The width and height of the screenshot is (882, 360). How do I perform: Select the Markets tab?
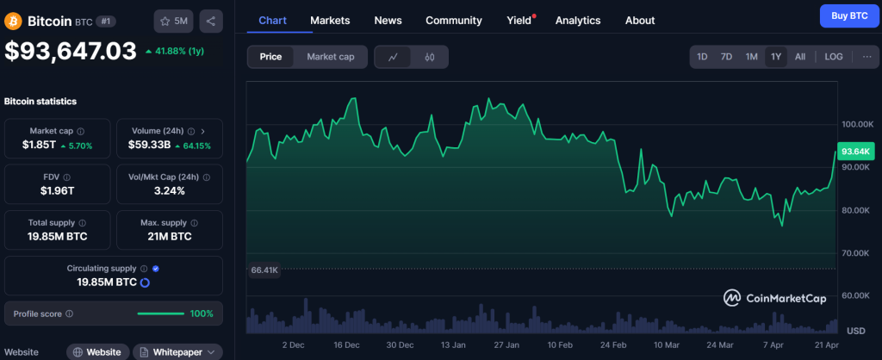tap(330, 20)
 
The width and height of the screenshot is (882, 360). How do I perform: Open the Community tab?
tap(454, 20)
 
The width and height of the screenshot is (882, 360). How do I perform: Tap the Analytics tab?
tap(578, 20)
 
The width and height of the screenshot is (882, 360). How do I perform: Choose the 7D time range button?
tap(726, 57)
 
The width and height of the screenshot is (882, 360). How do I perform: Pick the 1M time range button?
tap(751, 57)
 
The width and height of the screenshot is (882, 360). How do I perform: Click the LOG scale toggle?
tap(833, 57)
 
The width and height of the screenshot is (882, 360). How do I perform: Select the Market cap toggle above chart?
tap(331, 57)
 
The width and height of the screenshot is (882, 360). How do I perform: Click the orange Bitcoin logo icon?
tap(13, 20)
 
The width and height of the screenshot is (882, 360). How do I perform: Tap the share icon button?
tap(211, 20)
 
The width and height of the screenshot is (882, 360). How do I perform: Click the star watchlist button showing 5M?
tap(174, 20)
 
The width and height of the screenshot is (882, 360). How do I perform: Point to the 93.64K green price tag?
tap(854, 152)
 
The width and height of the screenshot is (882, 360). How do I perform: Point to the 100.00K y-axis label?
tap(859, 124)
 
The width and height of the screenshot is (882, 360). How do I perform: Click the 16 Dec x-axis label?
tap(346, 344)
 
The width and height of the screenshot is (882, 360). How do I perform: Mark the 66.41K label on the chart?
tap(264, 270)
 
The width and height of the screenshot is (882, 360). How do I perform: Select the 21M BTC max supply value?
tap(169, 236)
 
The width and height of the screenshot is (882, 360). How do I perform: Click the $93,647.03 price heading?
tap(71, 51)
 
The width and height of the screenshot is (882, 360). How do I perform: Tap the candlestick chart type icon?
tap(429, 57)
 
